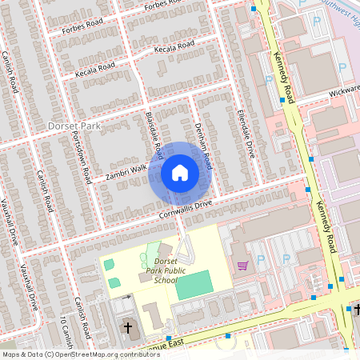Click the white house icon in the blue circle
point(180,172)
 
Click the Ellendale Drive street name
point(246,132)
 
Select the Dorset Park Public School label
point(157,270)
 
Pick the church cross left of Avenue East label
point(127,328)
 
